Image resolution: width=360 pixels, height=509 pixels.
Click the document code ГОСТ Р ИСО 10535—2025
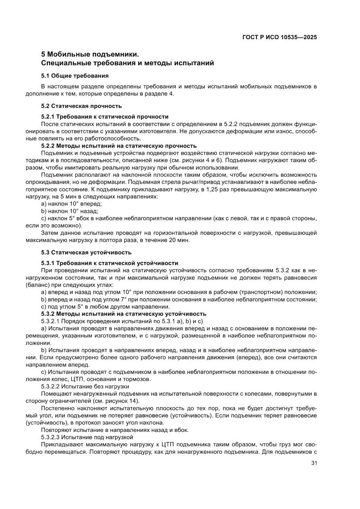click(x=279, y=37)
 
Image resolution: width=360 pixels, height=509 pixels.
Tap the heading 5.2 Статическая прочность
click(x=81, y=106)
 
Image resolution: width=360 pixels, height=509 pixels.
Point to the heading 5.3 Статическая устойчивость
click(x=86, y=253)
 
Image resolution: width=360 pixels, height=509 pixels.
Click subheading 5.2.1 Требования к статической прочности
click(x=104, y=116)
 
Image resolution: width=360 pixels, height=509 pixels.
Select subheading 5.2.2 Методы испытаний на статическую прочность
click(x=118, y=146)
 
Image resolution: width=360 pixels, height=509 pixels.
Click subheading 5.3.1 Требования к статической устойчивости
click(x=109, y=263)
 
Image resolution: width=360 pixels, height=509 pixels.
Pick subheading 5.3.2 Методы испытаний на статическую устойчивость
click(x=123, y=314)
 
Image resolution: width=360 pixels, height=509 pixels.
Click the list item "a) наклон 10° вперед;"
click(x=71, y=204)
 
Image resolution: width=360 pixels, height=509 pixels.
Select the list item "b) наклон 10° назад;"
click(x=70, y=211)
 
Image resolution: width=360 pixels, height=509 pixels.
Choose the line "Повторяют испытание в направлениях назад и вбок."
click(x=114, y=430)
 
